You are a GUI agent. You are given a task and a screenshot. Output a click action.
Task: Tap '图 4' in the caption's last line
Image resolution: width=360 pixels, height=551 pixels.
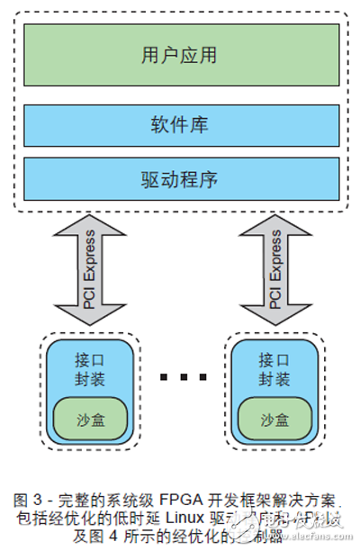tap(102, 536)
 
